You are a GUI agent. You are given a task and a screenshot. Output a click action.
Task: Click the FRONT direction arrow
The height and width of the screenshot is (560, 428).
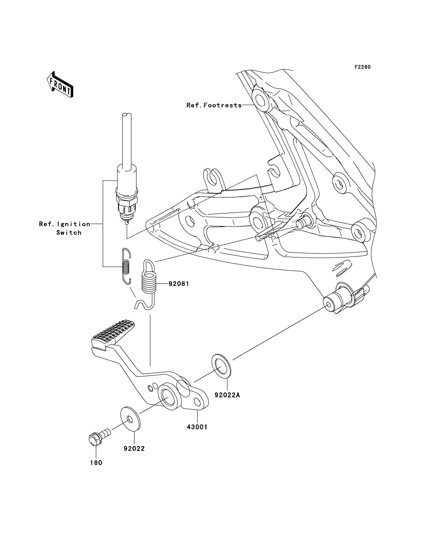click(x=60, y=85)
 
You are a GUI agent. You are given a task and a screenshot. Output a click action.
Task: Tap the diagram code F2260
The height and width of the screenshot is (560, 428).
click(x=363, y=67)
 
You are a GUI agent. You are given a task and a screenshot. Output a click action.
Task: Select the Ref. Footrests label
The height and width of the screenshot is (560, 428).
click(x=214, y=105)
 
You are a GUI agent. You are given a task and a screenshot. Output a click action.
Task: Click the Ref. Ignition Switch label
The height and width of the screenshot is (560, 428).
click(x=65, y=228)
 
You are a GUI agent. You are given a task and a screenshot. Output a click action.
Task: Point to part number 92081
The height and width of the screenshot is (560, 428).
click(x=179, y=284)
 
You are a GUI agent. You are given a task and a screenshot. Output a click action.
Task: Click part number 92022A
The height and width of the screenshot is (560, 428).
click(x=227, y=395)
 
